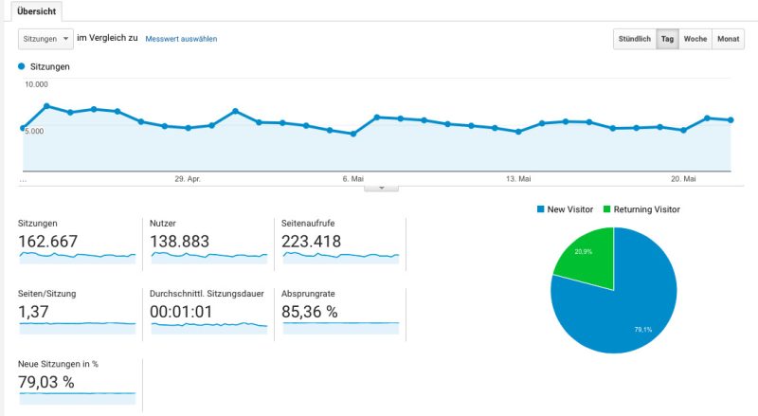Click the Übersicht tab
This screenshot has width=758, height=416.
coord(37,10)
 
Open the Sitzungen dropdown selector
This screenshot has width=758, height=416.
coord(45,39)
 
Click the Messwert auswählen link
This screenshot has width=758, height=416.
coord(181,39)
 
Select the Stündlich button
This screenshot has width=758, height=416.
coord(634,39)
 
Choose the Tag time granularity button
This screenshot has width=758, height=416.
coord(667,39)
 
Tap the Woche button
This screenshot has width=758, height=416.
coord(695,39)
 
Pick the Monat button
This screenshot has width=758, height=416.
coord(728,39)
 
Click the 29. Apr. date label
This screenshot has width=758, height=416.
coord(187,178)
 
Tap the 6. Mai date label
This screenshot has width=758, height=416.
coord(352,178)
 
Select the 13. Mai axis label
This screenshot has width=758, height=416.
coord(517,178)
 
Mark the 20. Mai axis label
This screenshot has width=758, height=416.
coord(683,178)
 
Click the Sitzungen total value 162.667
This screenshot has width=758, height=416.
coord(48,242)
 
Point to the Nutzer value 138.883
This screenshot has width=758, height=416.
coord(179,242)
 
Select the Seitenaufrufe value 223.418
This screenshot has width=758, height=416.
coord(312,242)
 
